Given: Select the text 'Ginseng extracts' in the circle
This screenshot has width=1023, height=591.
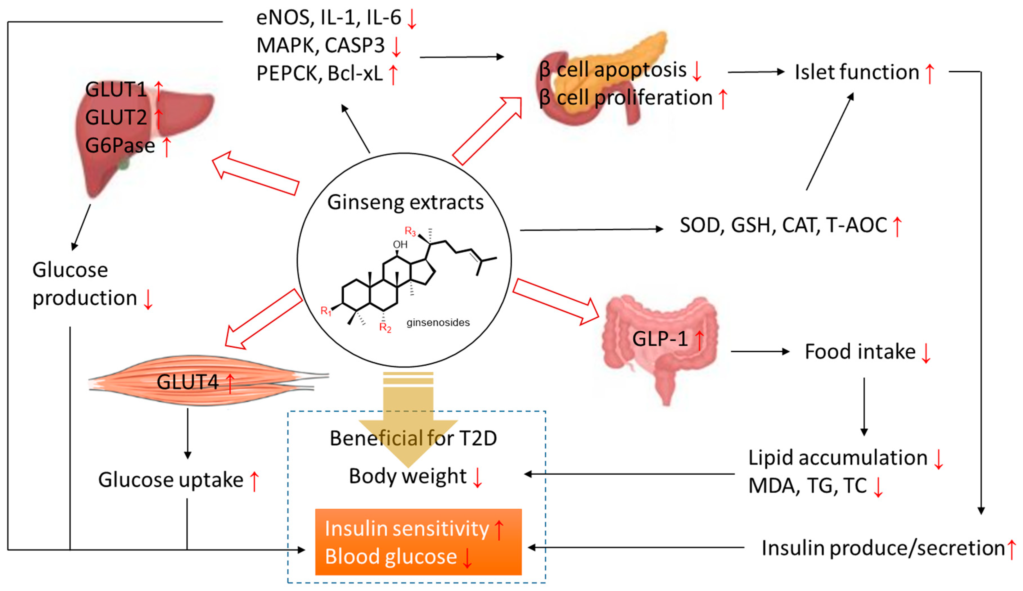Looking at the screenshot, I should coord(405,202).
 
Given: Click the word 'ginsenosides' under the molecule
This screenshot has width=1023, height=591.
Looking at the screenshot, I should coord(438,322).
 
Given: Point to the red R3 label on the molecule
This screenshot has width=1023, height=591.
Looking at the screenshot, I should coord(410,231).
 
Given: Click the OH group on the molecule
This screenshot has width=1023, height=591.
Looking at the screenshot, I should coord(400,244).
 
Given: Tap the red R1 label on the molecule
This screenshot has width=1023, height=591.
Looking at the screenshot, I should coord(326,311).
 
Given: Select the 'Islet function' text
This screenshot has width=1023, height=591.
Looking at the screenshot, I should coord(857,72).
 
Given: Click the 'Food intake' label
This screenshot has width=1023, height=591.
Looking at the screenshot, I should coord(860,351).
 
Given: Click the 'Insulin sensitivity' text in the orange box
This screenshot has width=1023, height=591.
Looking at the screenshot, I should coord(407,529).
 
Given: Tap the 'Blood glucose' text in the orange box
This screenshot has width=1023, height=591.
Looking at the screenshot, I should coord(391,556).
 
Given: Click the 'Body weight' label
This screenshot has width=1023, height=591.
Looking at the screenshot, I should coord(407,476).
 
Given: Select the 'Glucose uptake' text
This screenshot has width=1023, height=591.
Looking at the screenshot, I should coord(170,480).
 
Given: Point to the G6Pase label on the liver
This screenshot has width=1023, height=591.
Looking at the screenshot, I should coord(120,145).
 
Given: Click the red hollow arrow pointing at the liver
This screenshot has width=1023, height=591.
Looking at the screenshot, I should coord(256,174).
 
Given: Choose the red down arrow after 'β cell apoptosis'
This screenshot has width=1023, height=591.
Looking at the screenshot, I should coord(697,71).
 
